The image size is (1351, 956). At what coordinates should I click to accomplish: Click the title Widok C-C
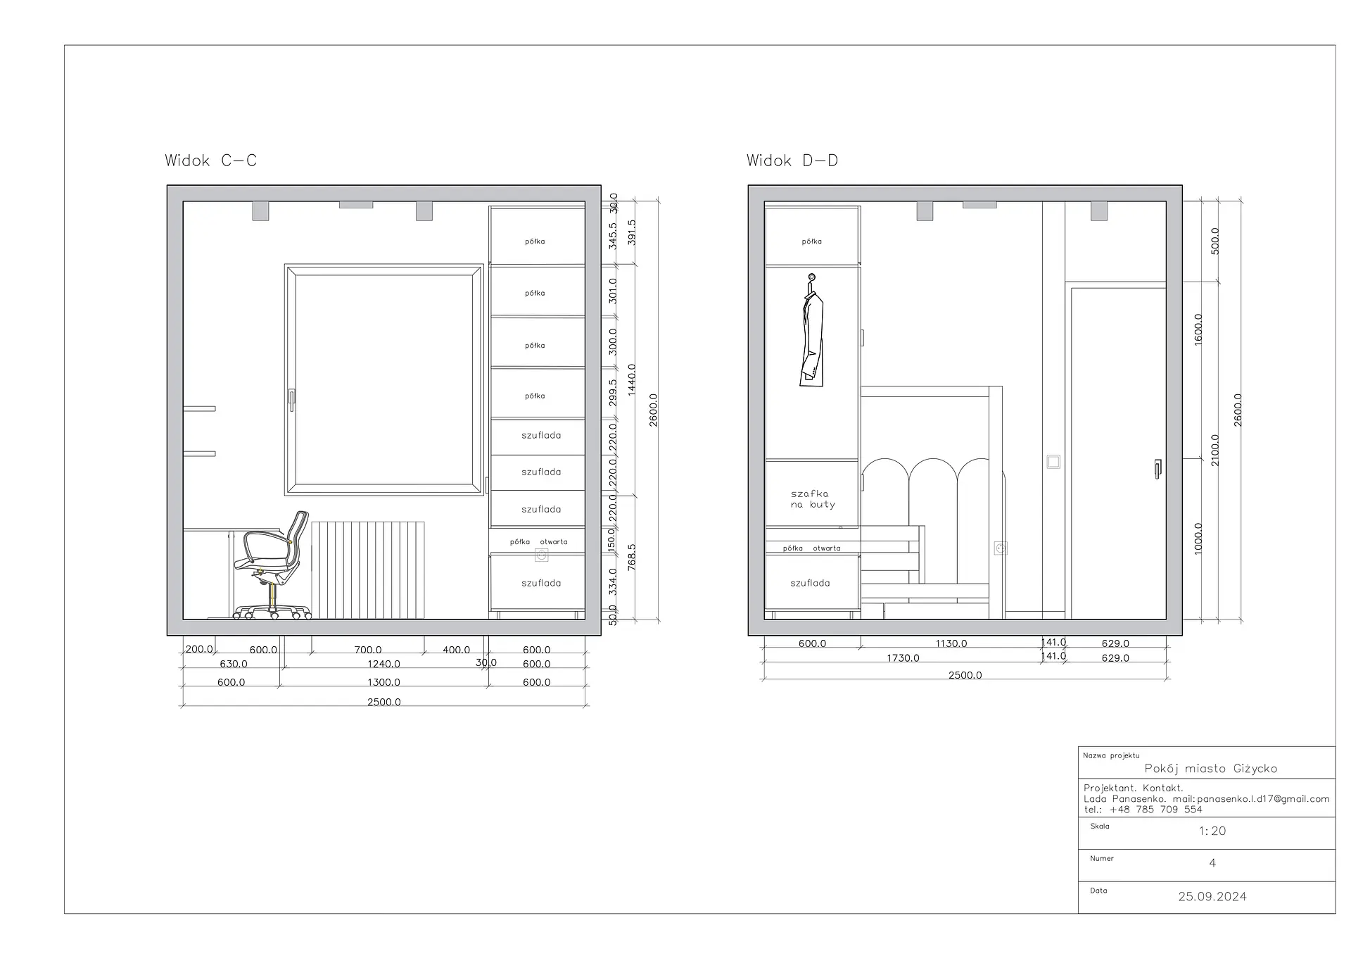pos(210,161)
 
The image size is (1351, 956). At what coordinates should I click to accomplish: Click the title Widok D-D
pos(792,161)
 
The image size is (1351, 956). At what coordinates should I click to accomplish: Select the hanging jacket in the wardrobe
pos(812,330)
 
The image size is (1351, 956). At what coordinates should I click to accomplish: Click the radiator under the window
pos(368,570)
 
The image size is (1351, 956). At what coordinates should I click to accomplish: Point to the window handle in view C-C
pos(291,400)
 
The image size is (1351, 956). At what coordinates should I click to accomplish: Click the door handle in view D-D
pos(1157,469)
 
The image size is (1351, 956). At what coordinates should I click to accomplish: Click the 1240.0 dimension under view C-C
pos(383,664)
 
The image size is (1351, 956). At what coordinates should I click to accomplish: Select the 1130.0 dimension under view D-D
pos(951,643)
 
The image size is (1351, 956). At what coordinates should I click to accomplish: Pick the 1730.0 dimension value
pos(903,658)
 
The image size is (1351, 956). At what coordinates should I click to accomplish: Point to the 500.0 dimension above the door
pos(1214,241)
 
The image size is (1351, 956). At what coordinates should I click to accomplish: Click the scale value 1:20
pos(1212,831)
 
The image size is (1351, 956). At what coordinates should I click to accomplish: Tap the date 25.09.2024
pos(1212,897)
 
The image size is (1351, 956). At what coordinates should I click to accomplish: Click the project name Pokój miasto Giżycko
pos(1211,769)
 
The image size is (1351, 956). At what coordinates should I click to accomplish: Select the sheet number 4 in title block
pos(1212,863)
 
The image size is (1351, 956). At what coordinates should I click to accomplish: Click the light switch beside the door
pos(1053,462)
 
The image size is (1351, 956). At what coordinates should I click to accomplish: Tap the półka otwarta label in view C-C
pos(538,542)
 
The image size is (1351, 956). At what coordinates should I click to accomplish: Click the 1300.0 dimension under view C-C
pos(383,682)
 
